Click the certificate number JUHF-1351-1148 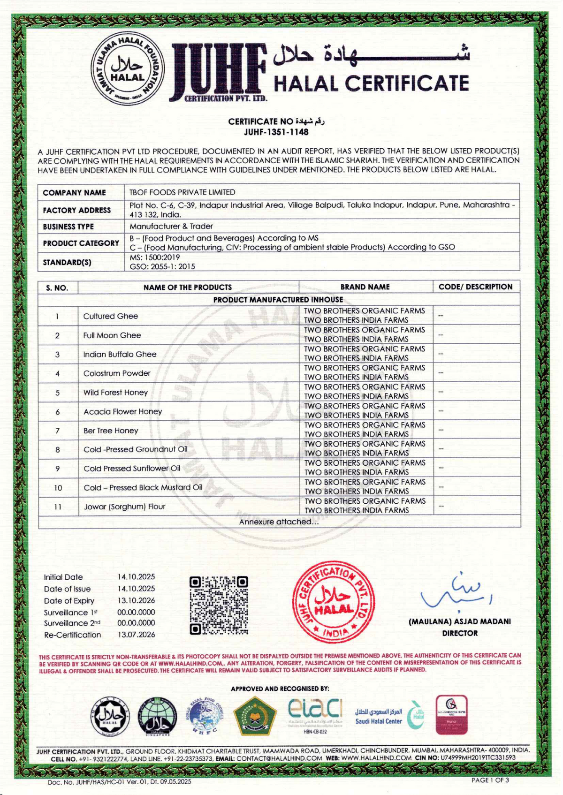click(276, 132)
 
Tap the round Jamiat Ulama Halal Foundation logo click(127, 71)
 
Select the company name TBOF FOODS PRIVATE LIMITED click(183, 192)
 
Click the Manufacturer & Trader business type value click(171, 226)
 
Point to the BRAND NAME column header click(365, 287)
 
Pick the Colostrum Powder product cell click(117, 373)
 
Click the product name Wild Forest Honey click(115, 392)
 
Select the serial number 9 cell click(58, 469)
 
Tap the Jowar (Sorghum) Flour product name click(124, 507)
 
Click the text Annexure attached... click(279, 522)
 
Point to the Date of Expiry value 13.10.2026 click(136, 600)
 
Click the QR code click(219, 606)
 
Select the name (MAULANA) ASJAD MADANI click(460, 621)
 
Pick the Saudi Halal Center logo click(389, 716)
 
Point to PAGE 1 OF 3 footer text click(490, 780)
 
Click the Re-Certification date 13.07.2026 click(136, 635)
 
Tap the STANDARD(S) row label click(67, 262)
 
